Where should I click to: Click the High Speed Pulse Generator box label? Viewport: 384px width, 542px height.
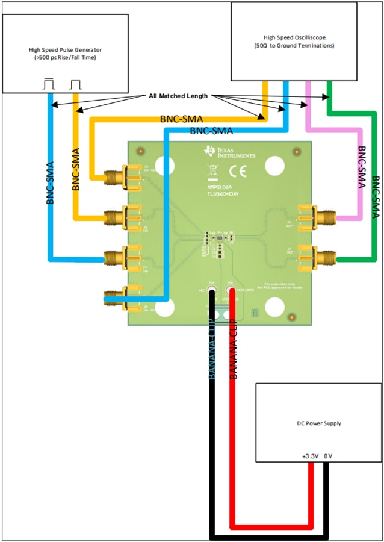pos(65,54)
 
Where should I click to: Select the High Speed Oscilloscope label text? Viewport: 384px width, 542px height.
pos(294,41)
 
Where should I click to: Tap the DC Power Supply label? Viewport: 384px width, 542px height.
pos(320,423)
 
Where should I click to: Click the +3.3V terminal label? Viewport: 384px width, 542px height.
pos(310,456)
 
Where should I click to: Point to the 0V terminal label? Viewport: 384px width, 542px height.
pos(328,456)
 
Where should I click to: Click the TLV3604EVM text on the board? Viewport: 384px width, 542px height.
pos(224,194)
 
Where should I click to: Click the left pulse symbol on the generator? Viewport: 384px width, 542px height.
pos(48,85)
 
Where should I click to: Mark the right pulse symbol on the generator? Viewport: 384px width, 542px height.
pos(75,85)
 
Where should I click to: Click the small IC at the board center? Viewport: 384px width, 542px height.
pos(220,239)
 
